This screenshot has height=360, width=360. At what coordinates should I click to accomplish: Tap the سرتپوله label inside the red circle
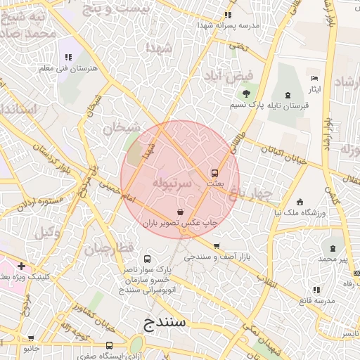click(x=171, y=183)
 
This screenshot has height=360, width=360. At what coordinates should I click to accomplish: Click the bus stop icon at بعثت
click(x=214, y=173)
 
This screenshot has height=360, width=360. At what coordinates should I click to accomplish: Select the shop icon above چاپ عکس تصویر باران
click(x=181, y=212)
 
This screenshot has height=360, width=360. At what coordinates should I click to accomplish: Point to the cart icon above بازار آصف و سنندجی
click(x=216, y=246)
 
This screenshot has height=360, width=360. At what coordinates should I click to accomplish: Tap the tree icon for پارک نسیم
click(x=246, y=94)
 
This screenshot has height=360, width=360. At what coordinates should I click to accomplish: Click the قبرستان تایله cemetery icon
click(x=287, y=94)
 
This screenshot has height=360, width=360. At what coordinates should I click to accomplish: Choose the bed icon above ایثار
click(x=314, y=79)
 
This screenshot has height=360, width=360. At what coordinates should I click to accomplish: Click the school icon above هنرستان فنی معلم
click(x=68, y=57)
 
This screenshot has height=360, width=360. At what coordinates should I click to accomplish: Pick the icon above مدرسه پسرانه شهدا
click(x=227, y=14)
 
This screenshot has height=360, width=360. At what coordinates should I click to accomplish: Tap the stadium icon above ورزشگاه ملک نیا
click(x=300, y=202)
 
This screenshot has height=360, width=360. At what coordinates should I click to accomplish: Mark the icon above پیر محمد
click(x=333, y=249)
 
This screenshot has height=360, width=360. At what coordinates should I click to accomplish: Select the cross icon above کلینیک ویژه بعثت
click(x=22, y=266)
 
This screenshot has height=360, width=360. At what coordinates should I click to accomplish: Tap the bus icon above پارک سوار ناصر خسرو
click(x=147, y=259)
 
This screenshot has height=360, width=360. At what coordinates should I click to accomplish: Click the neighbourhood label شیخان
click(x=117, y=128)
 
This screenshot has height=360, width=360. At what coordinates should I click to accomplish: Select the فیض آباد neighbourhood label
click(x=226, y=75)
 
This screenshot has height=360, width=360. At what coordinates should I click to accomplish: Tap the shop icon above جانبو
click(x=30, y=337)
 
